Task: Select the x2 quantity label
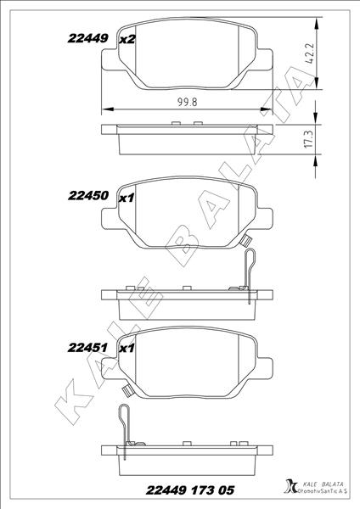(127, 40)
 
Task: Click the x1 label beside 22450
(127, 198)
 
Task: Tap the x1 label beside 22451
(127, 349)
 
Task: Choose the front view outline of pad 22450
(185, 216)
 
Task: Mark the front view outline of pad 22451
(185, 366)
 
